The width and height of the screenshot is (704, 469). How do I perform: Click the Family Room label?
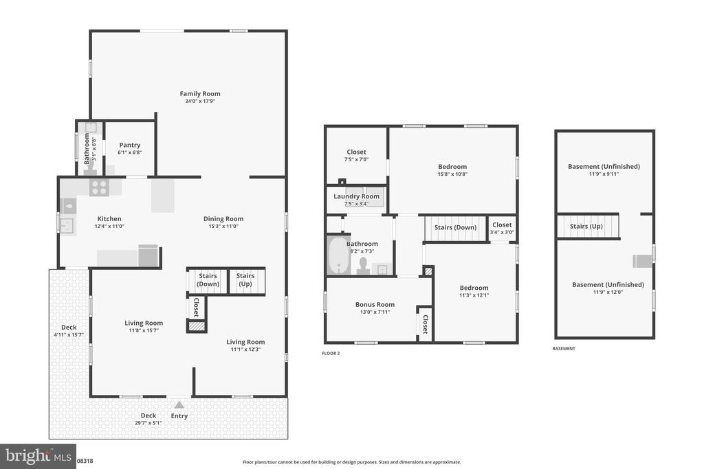pyautogui.click(x=200, y=93)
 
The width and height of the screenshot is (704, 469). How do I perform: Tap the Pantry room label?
pyautogui.click(x=130, y=145)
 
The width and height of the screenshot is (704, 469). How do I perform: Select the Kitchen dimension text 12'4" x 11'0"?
pyautogui.click(x=109, y=227)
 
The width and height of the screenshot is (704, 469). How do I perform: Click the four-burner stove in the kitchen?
pyautogui.click(x=99, y=187)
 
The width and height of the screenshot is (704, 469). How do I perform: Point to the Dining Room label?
pyautogui.click(x=223, y=219)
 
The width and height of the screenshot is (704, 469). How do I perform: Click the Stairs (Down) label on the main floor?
pyautogui.click(x=208, y=279)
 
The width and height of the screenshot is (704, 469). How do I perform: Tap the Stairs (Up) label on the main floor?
pyautogui.click(x=245, y=279)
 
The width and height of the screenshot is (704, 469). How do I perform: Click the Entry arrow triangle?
pyautogui.click(x=179, y=405)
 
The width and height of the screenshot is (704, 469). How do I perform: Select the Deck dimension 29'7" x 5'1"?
pyautogui.click(x=148, y=423)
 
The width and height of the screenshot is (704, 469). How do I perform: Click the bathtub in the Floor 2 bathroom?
pyautogui.click(x=338, y=255)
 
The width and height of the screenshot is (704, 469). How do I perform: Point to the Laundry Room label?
pyautogui.click(x=357, y=196)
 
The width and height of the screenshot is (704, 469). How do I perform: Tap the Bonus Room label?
pyautogui.click(x=375, y=304)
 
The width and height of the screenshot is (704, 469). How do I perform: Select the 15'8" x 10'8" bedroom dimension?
pyautogui.click(x=452, y=174)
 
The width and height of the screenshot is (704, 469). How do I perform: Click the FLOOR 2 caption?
pyautogui.click(x=331, y=354)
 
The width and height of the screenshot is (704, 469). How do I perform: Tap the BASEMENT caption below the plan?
pyautogui.click(x=564, y=348)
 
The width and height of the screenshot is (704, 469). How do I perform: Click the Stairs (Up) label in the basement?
pyautogui.click(x=586, y=227)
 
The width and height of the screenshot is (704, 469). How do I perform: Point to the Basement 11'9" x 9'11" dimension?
pyautogui.click(x=604, y=174)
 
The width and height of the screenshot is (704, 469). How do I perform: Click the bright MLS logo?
pyautogui.click(x=38, y=457)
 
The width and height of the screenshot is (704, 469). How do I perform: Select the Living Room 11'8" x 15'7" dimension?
pyautogui.click(x=144, y=330)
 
